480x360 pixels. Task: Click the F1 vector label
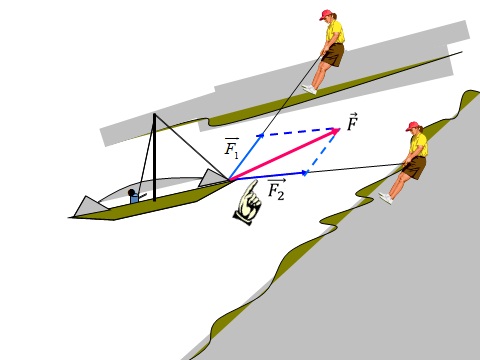pos(232,148)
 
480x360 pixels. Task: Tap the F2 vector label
pos(277,190)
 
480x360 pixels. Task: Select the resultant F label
pos(352,122)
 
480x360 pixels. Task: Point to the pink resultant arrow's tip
pos(339,128)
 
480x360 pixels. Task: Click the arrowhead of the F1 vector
pos(261,134)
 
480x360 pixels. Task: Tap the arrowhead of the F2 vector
pos(305,173)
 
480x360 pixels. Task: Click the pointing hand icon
pos(248,203)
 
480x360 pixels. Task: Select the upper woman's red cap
pos(326,15)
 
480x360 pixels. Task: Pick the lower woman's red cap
pos(413,126)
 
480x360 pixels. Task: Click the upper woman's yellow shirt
pos(335,32)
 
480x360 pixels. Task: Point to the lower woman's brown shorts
pos(415,167)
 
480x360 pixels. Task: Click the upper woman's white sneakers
pos(310,89)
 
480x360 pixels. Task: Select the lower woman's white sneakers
pos(386,198)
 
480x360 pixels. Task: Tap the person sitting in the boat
pos(134,196)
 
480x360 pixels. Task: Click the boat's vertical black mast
pos(154,157)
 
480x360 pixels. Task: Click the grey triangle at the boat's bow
pos(213,178)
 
